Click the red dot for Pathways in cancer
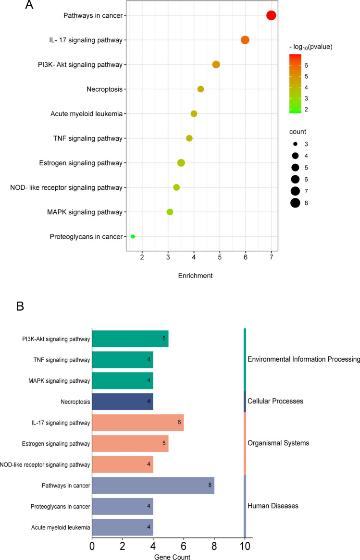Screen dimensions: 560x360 (271, 15)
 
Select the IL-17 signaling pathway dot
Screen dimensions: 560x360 (245, 40)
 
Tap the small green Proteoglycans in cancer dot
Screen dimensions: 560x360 (133, 236)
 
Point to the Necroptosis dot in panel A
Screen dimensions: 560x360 (200, 89)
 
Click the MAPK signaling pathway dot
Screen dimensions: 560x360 (170, 212)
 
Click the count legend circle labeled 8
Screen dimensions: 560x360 (295, 203)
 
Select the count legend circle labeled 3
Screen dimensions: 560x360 (295, 144)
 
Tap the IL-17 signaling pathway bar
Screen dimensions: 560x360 (137, 423)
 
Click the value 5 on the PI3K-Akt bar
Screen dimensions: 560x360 (163, 338)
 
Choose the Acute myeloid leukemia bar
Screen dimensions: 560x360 (122, 528)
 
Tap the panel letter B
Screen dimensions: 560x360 (20, 306)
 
